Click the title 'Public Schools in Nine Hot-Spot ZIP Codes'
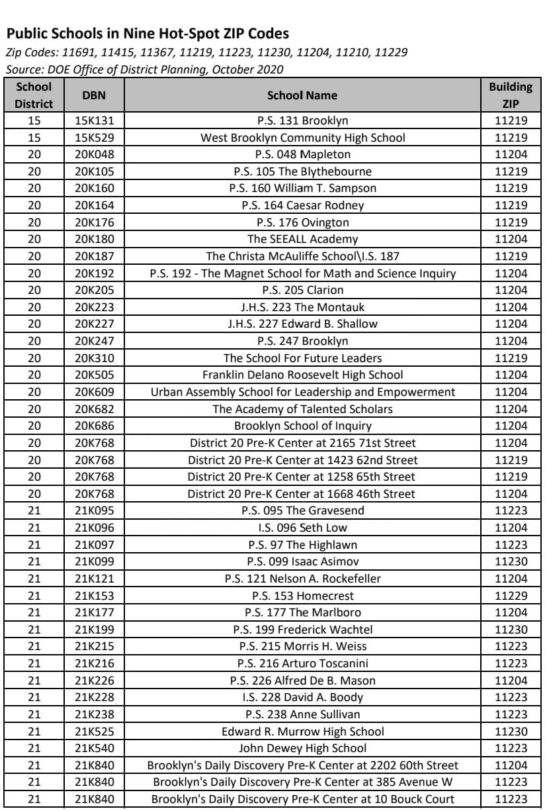point(147,34)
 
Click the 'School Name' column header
point(302,95)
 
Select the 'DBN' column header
point(93,95)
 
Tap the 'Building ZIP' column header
point(511,95)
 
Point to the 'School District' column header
point(34,95)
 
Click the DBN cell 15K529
point(93,138)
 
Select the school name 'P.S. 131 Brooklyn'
point(302,120)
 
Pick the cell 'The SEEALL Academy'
point(302,239)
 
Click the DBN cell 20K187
point(93,256)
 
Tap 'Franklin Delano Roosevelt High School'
point(302,375)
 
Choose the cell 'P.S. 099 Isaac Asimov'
point(302,561)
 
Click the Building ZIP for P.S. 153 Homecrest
point(511,595)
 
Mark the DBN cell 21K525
point(93,732)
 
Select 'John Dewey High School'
point(302,748)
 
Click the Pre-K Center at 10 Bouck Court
point(302,799)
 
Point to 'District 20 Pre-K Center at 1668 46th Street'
point(302,494)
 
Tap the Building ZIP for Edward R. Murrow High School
point(511,732)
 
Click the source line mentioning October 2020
point(144,69)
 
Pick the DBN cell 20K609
point(93,392)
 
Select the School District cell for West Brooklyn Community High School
point(34,138)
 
